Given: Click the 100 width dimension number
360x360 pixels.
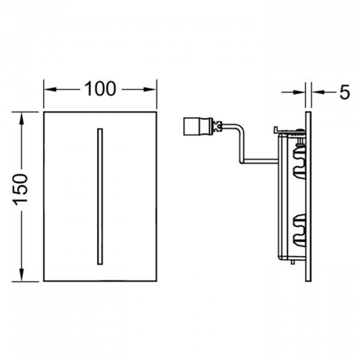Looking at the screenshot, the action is (100, 89).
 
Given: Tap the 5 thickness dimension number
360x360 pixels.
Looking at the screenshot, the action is (344, 92).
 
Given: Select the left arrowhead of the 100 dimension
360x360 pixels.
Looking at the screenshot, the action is (50, 89).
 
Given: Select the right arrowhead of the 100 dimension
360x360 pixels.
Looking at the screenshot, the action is (150, 89).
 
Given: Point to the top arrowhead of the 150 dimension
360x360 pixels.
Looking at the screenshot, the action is (22, 118).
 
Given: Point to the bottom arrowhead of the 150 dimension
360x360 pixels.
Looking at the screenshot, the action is (22, 275).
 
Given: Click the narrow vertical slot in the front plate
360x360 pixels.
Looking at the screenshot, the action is (100, 196).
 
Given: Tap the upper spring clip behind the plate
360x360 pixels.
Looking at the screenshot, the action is (299, 163).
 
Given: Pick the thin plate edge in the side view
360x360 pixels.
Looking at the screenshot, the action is (308, 197).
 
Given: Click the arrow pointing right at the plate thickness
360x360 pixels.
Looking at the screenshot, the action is (293, 92).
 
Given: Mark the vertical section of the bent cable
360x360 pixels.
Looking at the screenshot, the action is (242, 144).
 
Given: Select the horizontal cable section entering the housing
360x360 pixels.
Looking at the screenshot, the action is (260, 161).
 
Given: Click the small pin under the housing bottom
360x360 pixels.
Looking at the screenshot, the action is (292, 262).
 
